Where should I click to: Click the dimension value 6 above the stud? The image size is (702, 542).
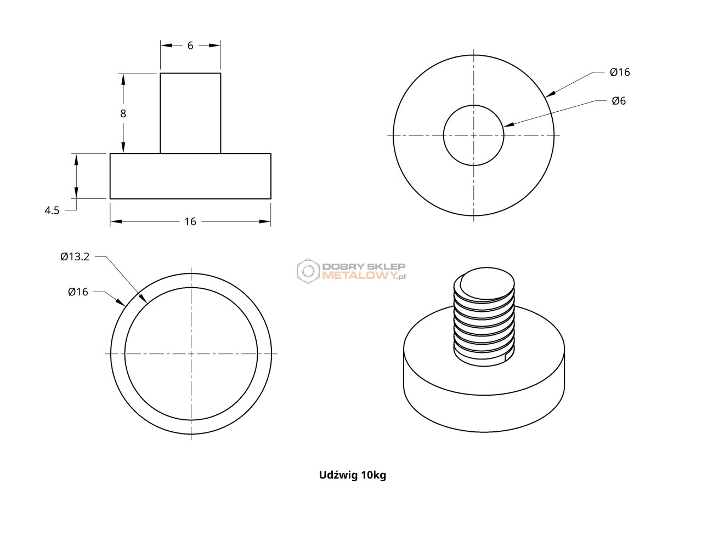190,45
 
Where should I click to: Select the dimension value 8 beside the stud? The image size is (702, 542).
123,113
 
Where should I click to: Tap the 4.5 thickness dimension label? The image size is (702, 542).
52,210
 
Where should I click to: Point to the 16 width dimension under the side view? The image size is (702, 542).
190,221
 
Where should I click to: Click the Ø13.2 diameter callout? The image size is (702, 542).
75,256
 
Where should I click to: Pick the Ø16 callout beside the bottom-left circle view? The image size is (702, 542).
78,292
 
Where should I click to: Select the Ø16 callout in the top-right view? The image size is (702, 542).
620,72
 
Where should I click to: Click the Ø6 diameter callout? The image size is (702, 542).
619,101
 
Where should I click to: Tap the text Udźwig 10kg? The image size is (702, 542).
353,475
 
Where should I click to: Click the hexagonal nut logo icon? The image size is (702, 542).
308,271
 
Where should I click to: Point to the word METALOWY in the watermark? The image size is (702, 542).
360,275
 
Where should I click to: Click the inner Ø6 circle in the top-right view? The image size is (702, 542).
503,135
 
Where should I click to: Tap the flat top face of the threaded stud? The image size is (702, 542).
487,283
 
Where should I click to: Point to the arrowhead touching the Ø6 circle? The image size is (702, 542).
508,125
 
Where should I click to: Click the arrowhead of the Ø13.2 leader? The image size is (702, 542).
143,298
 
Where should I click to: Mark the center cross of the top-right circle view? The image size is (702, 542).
473,135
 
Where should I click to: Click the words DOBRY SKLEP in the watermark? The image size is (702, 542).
364,267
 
